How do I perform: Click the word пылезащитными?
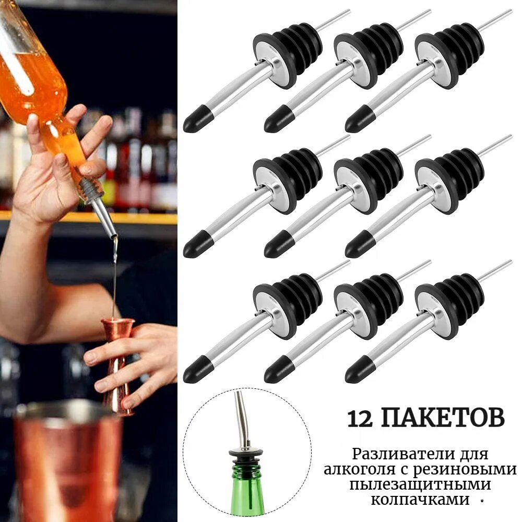[420, 485]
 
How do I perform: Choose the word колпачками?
[420, 500]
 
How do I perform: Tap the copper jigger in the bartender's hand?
[117, 366]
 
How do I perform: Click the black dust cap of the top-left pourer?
[198, 119]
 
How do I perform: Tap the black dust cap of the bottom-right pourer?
[360, 370]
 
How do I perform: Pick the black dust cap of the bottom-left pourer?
[198, 370]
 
